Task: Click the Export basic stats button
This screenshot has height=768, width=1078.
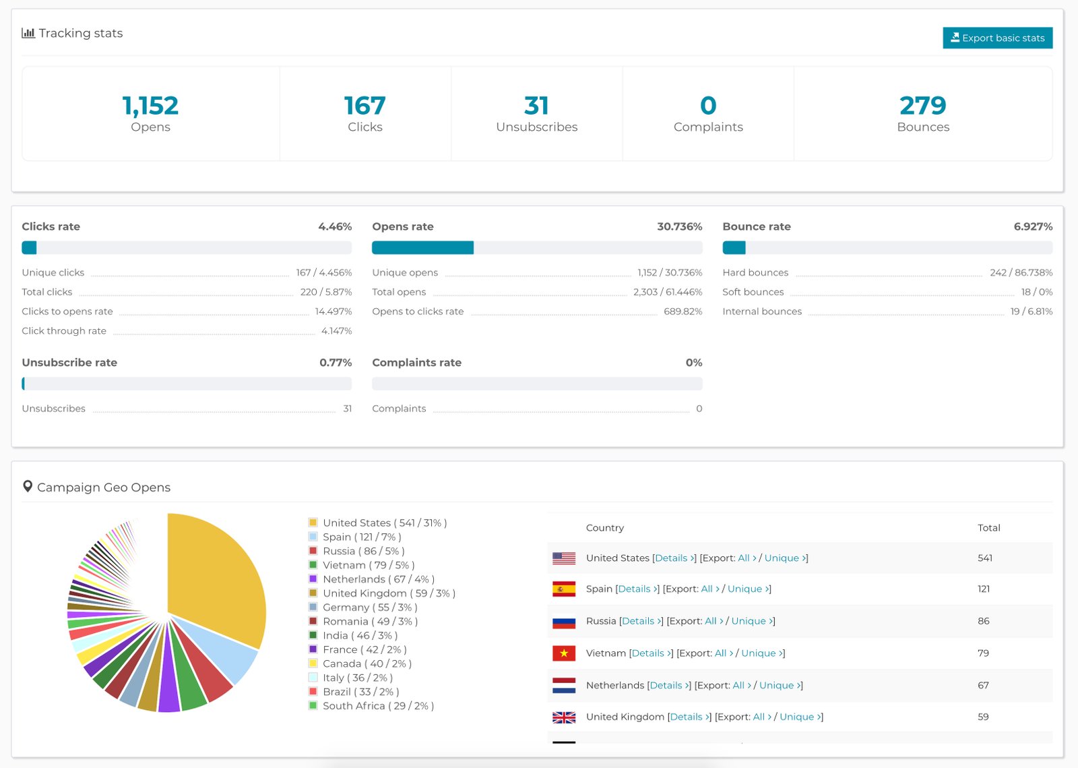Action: [x=997, y=38]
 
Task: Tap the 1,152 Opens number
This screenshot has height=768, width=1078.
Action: [x=150, y=106]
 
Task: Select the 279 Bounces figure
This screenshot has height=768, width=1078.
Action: [x=922, y=106]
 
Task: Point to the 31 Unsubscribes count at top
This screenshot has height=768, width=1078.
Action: [x=536, y=106]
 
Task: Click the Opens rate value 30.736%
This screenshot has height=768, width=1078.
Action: [x=679, y=227]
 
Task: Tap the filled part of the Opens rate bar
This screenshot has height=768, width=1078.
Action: [x=422, y=247]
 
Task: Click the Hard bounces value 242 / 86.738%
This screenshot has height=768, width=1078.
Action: [x=1021, y=272]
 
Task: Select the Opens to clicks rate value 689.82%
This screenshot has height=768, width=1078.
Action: [x=683, y=312]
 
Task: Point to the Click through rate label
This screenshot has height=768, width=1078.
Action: [x=64, y=331]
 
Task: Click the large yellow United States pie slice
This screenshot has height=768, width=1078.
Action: [x=216, y=580]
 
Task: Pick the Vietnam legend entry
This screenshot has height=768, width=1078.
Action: [x=368, y=565]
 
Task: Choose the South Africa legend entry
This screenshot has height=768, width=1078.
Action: [x=377, y=706]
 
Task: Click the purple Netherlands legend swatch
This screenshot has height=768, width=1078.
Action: [x=313, y=579]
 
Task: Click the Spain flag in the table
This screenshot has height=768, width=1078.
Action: [x=564, y=589]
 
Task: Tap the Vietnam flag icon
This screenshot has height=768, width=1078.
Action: [x=564, y=653]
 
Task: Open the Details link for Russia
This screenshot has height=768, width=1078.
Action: [x=641, y=621]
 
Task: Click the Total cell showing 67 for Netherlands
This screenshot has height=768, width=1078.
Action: [x=983, y=685]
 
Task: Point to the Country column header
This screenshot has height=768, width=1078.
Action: [x=604, y=528]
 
